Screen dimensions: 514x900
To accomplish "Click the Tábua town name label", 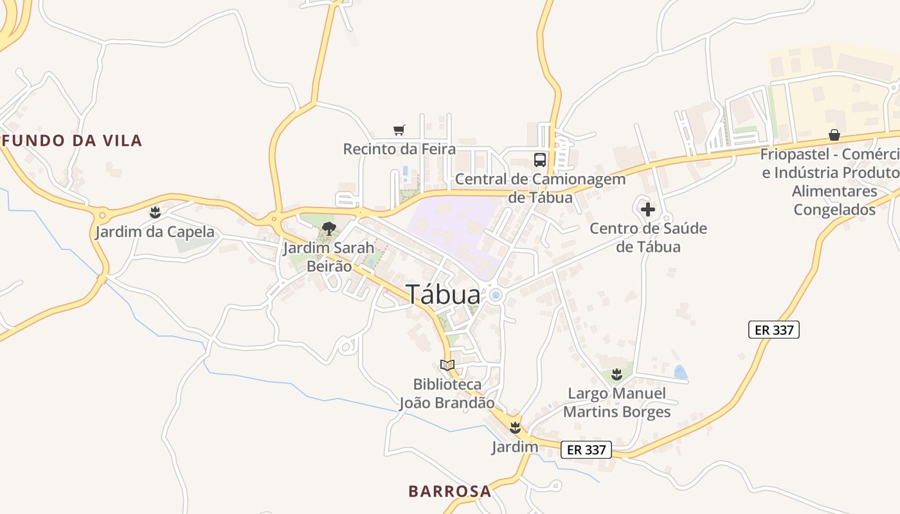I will tap(443, 295).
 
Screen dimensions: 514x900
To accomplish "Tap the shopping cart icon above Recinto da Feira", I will tap(399, 130).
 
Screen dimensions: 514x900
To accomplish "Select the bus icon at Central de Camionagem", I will tap(540, 159).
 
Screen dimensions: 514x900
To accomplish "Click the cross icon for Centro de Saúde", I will tap(648, 209).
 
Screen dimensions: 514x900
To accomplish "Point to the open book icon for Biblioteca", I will tap(447, 365).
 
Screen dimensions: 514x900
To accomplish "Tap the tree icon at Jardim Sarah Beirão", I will tap(329, 228).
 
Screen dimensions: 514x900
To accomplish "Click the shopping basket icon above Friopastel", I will tap(834, 135).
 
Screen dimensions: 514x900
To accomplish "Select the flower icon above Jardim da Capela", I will tap(155, 212).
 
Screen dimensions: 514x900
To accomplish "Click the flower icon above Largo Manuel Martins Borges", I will tap(617, 374).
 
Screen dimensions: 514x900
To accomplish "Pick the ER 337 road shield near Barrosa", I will tap(586, 450).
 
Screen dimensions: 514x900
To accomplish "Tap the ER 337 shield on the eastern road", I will tap(774, 330).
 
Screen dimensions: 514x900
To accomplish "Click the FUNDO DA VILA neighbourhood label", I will tap(72, 141).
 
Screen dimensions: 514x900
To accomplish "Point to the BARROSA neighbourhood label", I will tap(449, 492).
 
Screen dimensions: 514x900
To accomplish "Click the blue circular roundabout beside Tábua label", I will tap(496, 295).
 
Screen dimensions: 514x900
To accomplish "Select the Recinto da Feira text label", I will tap(399, 149).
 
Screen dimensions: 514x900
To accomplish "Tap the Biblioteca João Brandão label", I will tap(447, 394).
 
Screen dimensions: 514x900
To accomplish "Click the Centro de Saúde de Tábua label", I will tap(648, 237).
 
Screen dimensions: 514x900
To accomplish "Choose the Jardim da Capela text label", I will tap(155, 231).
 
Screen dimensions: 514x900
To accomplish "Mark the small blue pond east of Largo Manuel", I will tap(680, 372).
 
